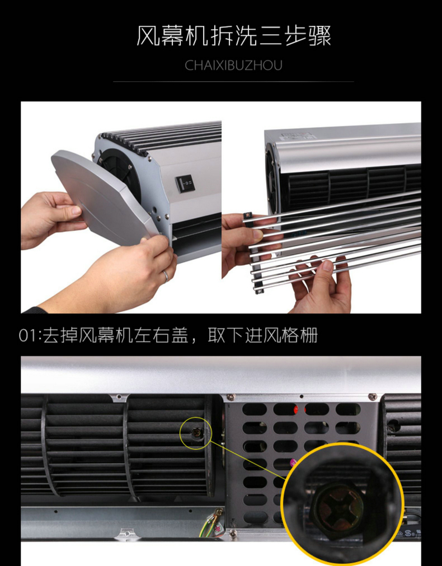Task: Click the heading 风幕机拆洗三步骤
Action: pyautogui.click(x=233, y=36)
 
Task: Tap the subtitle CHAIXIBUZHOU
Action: pyautogui.click(x=233, y=66)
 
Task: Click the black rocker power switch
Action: pyautogui.click(x=185, y=184)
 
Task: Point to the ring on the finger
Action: pyautogui.click(x=165, y=276)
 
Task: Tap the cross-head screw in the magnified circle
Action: pyautogui.click(x=336, y=509)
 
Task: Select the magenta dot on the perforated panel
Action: pyautogui.click(x=293, y=462)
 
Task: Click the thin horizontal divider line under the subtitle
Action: pyautogui.click(x=233, y=82)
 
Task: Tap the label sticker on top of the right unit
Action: pyautogui.click(x=296, y=137)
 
